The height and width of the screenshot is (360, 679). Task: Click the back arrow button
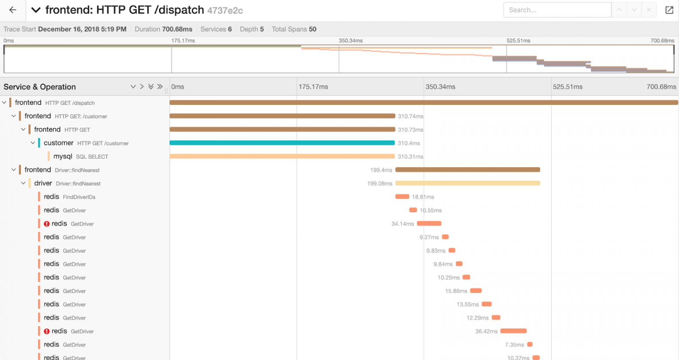[12, 10]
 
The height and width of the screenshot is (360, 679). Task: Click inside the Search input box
[557, 10]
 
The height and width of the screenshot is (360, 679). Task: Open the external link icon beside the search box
[669, 10]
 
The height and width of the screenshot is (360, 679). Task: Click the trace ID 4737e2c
[225, 11]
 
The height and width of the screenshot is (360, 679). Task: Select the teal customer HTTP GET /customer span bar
[282, 143]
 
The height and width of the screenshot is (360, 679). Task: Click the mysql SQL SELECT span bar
[282, 156]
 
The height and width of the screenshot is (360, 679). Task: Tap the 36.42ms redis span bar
[513, 331]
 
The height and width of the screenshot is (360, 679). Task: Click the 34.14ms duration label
[402, 224]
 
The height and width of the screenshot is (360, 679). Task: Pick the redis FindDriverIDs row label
[69, 197]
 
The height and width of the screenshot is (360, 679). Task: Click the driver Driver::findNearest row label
[67, 184]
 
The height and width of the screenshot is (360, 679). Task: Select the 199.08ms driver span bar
[467, 183]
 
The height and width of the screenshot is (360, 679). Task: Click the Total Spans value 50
[313, 29]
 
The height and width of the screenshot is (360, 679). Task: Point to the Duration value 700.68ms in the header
[177, 29]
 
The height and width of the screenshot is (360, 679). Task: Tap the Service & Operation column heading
[40, 87]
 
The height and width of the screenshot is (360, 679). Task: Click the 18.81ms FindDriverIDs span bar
[402, 197]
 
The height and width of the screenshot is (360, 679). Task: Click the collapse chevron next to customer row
[33, 143]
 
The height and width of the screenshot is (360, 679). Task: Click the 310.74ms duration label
[410, 116]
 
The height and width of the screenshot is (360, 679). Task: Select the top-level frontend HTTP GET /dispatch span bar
[423, 103]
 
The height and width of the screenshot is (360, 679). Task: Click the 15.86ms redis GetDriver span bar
[476, 291]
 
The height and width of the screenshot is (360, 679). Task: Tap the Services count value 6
[230, 29]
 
